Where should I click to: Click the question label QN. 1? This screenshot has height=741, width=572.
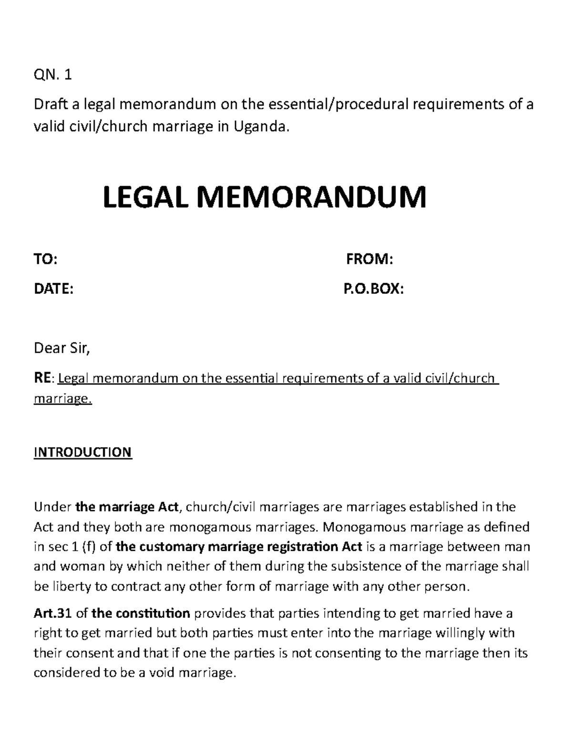point(52,75)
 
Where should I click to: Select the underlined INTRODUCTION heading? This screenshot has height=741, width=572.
point(82,452)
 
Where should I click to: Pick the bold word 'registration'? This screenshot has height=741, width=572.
point(303,546)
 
